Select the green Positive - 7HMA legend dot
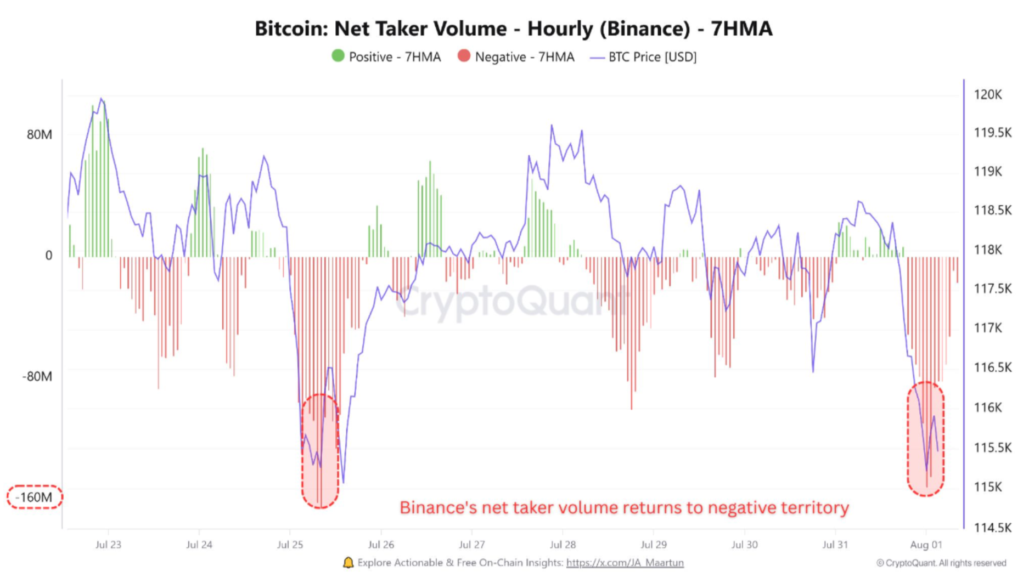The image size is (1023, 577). (338, 56)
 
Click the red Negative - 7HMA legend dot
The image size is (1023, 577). (464, 56)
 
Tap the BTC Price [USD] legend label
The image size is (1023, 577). (652, 57)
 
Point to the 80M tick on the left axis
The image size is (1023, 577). (40, 134)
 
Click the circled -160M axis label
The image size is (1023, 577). (34, 497)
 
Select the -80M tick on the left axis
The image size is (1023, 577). (37, 376)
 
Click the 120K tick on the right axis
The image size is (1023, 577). (987, 94)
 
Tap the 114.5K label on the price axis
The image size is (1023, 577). (992, 528)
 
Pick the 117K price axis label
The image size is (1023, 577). (987, 328)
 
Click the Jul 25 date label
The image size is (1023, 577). (290, 545)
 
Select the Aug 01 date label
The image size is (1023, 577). (926, 545)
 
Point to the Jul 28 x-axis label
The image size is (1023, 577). (563, 545)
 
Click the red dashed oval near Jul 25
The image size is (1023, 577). (320, 451)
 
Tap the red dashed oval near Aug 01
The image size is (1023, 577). (925, 439)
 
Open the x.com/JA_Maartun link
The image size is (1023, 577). (625, 563)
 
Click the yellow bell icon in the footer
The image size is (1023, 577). (348, 563)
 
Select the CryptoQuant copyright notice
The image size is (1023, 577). (941, 563)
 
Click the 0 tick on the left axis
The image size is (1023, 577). (48, 256)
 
